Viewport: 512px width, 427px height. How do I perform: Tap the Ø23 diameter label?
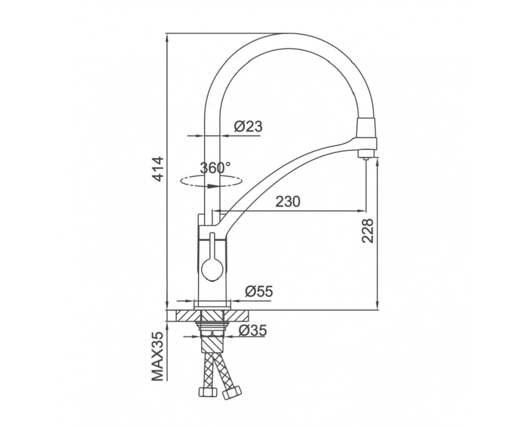click(248, 126)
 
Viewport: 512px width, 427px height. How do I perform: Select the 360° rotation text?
click(215, 168)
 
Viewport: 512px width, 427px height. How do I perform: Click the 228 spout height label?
click(367, 231)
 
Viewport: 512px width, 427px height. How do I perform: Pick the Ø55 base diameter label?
click(259, 292)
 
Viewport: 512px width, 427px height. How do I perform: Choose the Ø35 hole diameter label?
click(253, 330)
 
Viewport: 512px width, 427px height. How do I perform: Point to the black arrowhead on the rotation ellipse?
click(213, 186)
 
